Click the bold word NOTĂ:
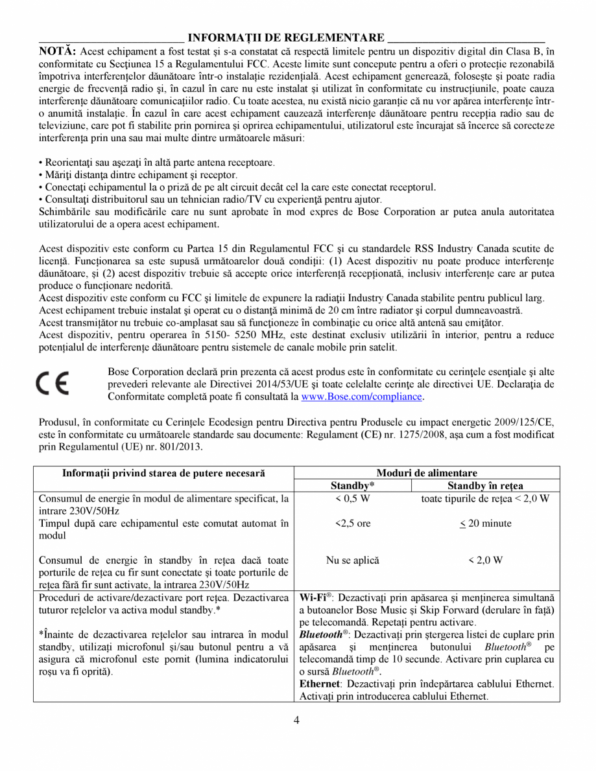58,51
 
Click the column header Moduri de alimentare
427,473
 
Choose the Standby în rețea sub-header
485,485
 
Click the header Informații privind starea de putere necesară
163,473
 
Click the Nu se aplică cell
353,560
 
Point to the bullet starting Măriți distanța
137,175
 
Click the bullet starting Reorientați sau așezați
156,163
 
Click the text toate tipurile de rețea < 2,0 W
485,498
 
